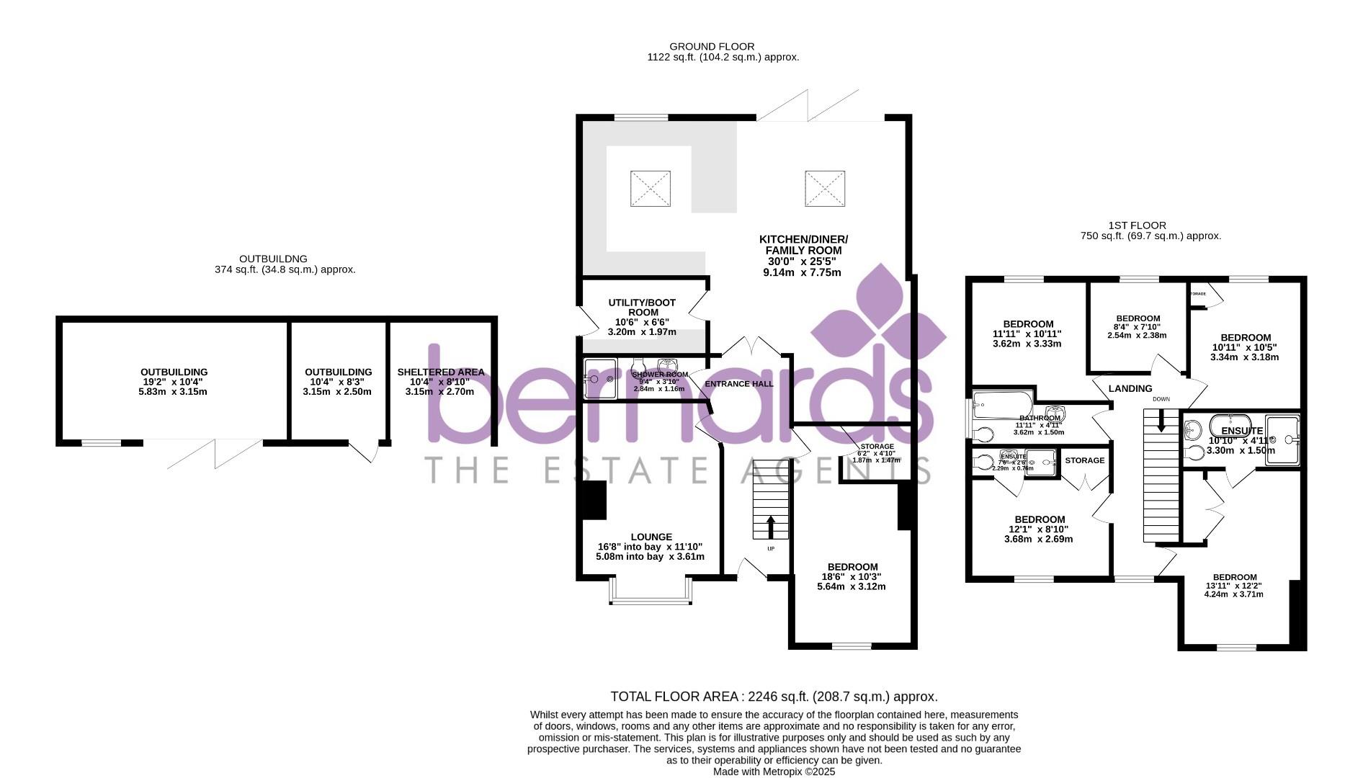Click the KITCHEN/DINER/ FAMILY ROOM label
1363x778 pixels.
click(803, 245)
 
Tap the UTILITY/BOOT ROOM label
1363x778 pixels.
click(643, 308)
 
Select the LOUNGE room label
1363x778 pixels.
click(651, 537)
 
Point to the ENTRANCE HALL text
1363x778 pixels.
click(739, 384)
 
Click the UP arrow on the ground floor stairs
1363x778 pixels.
click(771, 526)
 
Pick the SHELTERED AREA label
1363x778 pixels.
click(440, 372)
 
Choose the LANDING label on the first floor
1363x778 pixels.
click(1130, 388)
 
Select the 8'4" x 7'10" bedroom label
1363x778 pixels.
click(1138, 318)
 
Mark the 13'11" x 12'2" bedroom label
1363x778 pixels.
click(1234, 577)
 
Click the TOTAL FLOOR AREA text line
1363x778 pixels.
click(774, 697)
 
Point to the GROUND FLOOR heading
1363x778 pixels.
click(712, 47)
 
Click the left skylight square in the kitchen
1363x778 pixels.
click(650, 188)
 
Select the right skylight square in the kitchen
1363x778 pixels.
click(824, 188)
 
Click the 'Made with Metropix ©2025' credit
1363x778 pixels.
click(774, 772)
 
